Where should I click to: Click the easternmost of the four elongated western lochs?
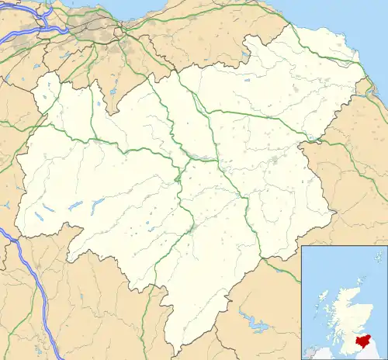click(98, 203)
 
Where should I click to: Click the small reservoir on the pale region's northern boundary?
click(245, 56)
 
